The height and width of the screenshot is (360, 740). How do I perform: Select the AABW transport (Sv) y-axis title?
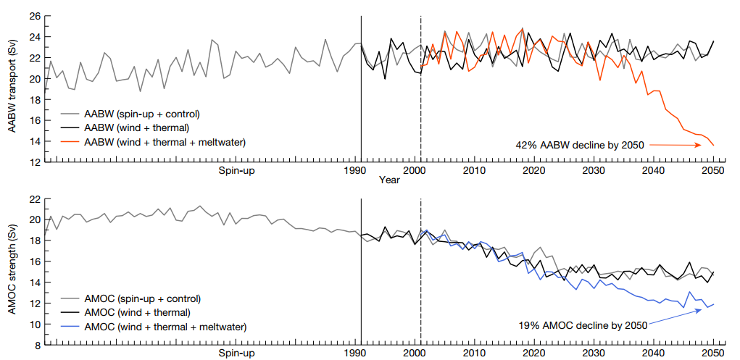pos(12,87)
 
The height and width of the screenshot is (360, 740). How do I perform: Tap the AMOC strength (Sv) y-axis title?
pos(12,272)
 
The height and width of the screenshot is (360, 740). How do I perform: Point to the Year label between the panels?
pos(390,180)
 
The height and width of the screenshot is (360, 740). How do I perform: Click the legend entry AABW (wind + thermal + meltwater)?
pos(165,141)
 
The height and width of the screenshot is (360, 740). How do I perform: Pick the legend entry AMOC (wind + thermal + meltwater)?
pos(165,327)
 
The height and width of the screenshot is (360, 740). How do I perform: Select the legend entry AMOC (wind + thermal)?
pos(138,312)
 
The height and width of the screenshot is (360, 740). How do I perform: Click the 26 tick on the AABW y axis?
pos(34,16)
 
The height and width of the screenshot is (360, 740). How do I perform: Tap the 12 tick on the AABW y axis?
pos(34,162)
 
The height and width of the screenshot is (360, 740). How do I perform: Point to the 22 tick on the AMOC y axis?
pos(34,198)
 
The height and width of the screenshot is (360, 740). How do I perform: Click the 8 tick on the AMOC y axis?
pos(36,346)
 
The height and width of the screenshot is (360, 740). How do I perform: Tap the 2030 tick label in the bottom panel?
pos(594,353)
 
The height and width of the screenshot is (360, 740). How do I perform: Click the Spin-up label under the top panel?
pos(237,171)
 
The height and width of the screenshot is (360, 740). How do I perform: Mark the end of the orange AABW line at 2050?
pos(713,146)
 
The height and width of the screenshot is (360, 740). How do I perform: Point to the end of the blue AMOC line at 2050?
pos(713,304)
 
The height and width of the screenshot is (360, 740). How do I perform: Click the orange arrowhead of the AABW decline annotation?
pos(699,146)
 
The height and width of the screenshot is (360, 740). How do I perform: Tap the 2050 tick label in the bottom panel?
pos(713,353)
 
